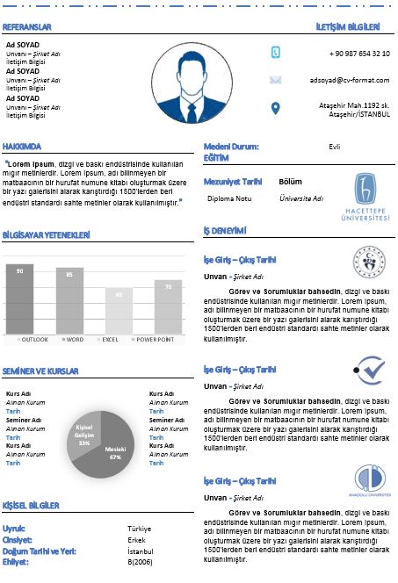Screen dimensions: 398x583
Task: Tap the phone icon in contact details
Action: pyautogui.click(x=275, y=53)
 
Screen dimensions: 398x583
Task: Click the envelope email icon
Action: pyautogui.click(x=275, y=79)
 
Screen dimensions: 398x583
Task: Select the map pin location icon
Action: pyautogui.click(x=275, y=108)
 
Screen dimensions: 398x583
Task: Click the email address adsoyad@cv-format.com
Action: pyautogui.click(x=350, y=79)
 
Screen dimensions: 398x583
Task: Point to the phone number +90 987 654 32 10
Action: pyautogui.click(x=359, y=54)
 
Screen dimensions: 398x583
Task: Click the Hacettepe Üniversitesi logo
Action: pyautogui.click(x=370, y=200)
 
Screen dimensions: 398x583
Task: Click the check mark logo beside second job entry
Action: pyautogui.click(x=370, y=371)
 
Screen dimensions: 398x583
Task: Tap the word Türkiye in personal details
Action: pyautogui.click(x=140, y=529)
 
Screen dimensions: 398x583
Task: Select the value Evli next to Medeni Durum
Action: pyautogui.click(x=334, y=147)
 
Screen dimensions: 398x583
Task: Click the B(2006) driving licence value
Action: pyautogui.click(x=141, y=561)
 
